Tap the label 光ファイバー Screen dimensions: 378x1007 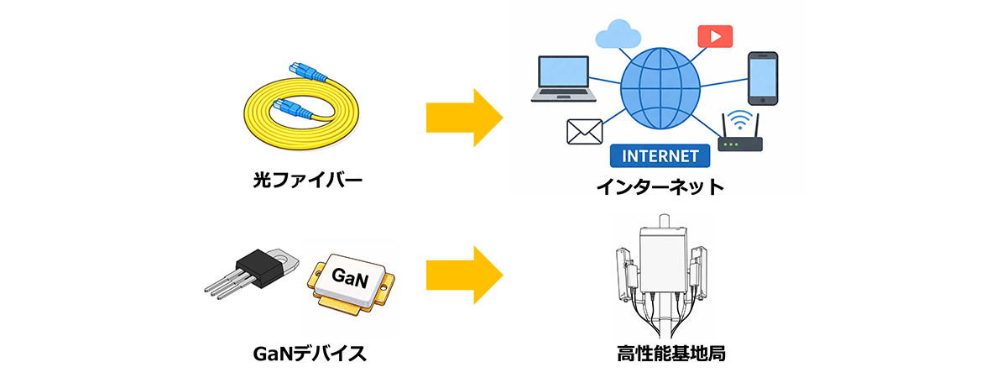[x=298, y=180]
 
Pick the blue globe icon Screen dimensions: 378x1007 [x=660, y=87]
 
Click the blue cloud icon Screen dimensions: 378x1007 [x=618, y=35]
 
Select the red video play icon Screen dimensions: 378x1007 [x=715, y=36]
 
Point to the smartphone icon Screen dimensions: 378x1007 [x=763, y=78]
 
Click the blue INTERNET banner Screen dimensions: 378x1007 [x=660, y=156]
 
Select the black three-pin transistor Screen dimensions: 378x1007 [x=257, y=270]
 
